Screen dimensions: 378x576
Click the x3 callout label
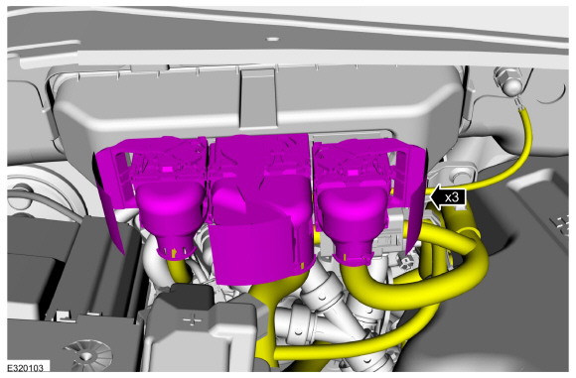point(453,196)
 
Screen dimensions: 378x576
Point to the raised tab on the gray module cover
point(256,99)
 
